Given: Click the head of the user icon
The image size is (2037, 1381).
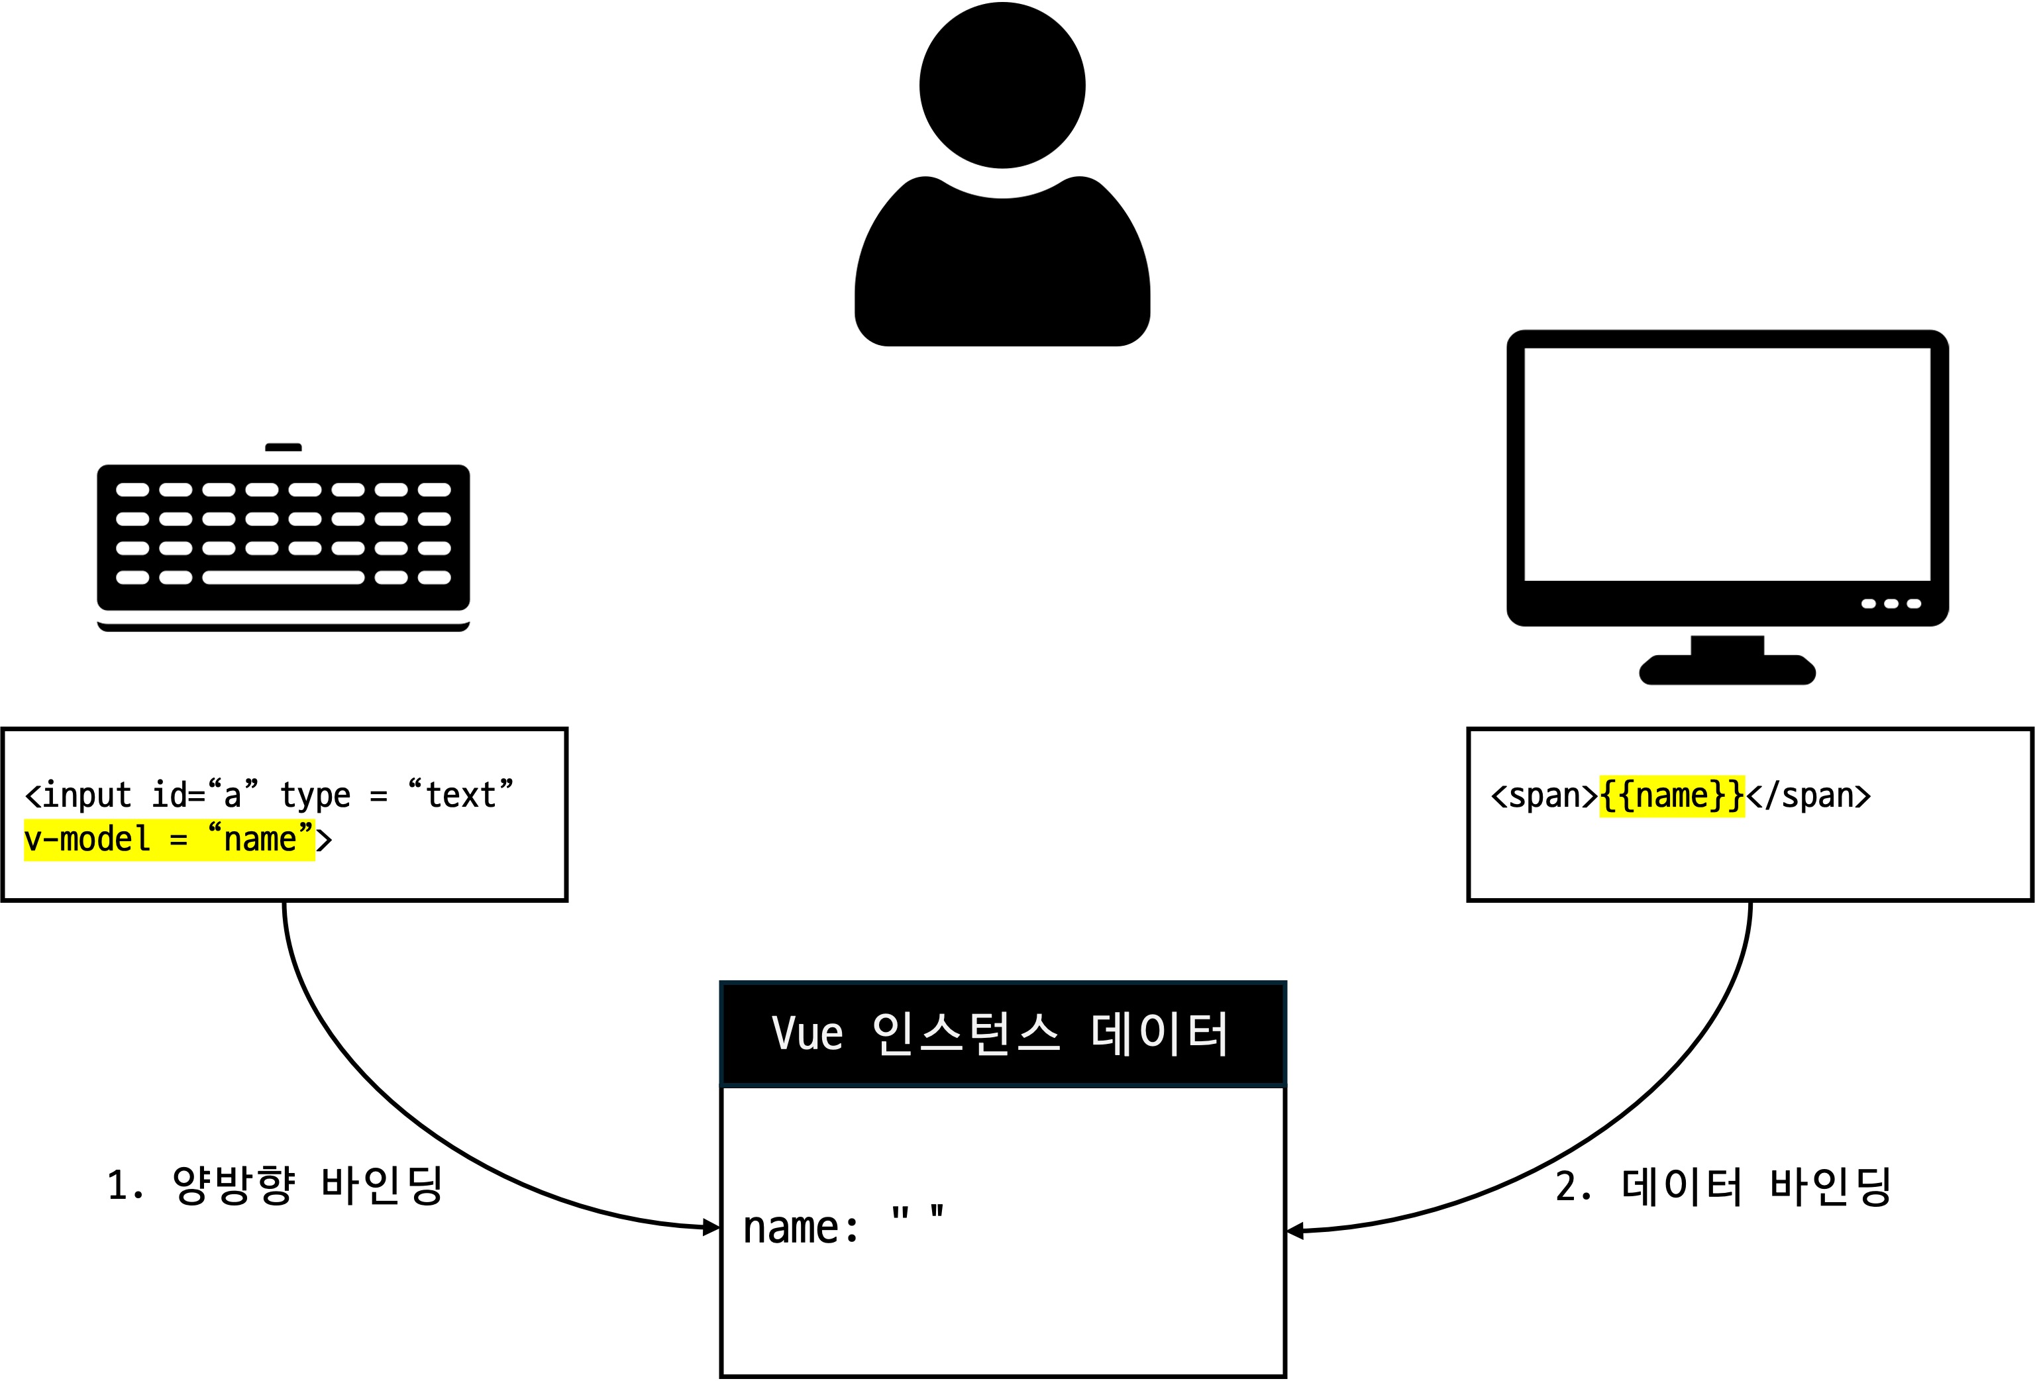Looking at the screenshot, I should point(1002,85).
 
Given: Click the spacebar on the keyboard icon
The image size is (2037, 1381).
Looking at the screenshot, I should point(283,578).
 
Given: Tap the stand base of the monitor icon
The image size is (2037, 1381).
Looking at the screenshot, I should point(1727,670).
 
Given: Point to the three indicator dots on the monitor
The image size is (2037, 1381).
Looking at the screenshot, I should point(1891,604).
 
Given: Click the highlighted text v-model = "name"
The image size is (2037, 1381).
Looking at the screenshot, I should point(169,839).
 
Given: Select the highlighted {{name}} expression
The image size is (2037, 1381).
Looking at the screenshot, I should point(1671,795).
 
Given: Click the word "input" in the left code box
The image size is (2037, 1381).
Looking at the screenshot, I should point(87,795).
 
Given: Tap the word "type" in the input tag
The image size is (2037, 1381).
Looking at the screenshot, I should point(315,795).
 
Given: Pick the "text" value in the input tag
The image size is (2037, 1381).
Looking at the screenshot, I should point(461,794).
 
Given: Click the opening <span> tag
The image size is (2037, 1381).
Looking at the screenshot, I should point(1544,795).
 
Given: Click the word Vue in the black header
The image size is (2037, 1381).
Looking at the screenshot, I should point(806,1033).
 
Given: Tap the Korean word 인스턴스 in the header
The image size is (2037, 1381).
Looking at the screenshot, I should point(966,1033).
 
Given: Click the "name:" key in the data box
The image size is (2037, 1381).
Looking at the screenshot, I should point(800,1227).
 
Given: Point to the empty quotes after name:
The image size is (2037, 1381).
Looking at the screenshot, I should point(917,1215).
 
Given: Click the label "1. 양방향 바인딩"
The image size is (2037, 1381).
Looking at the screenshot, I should point(274,1186).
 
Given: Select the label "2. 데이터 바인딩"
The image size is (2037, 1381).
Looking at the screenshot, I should point(1723,1186).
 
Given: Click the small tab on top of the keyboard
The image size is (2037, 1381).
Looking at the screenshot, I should point(283,448).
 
